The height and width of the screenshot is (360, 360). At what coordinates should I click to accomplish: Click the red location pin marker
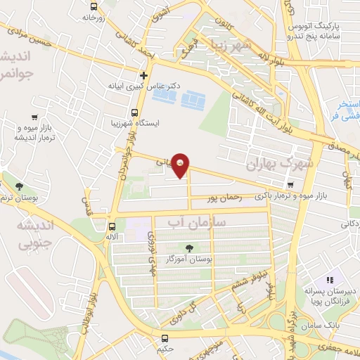point(181,165)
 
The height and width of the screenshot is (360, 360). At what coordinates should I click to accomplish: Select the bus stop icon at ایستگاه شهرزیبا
point(134,112)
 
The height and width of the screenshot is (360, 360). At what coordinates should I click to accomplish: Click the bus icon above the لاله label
point(112,226)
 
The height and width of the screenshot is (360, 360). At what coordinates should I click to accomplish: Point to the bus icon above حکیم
point(165,337)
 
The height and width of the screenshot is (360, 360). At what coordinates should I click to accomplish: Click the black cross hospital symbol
point(143,75)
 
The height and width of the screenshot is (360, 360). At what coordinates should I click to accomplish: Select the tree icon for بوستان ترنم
point(18,186)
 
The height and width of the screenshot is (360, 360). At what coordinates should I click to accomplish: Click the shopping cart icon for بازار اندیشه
point(34,117)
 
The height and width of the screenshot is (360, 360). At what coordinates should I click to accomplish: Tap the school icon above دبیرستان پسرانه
point(329,280)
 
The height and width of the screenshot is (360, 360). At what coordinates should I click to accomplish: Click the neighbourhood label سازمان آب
point(188,224)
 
